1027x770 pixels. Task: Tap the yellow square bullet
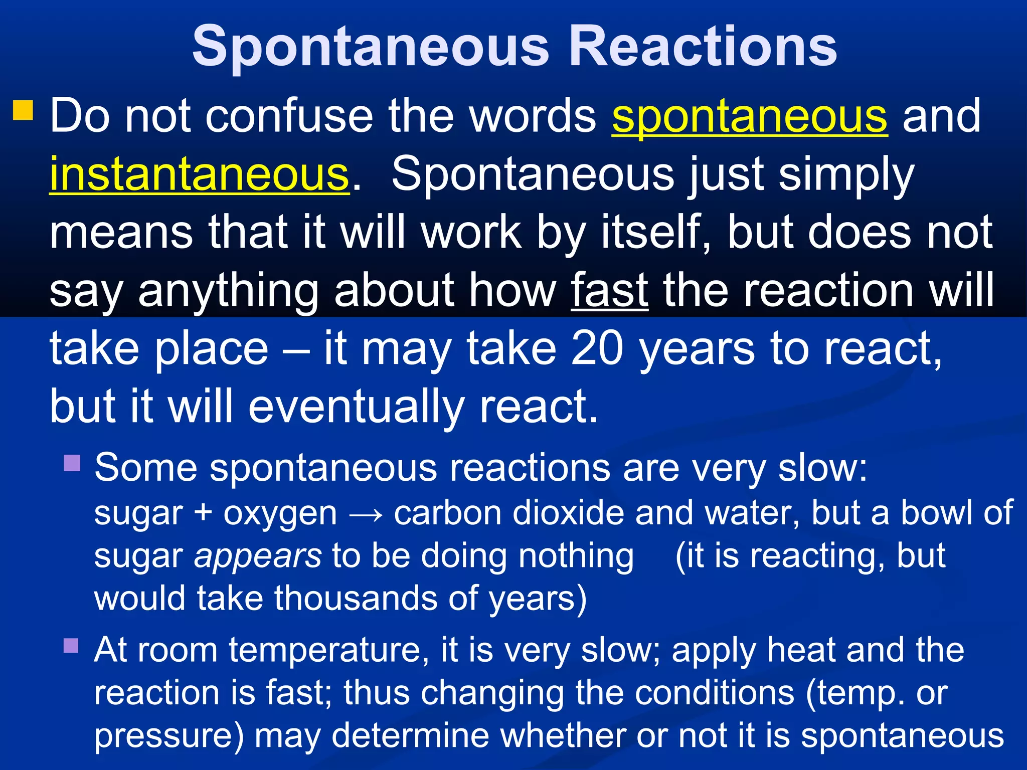click(x=23, y=110)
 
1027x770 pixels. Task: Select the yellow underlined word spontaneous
click(x=750, y=116)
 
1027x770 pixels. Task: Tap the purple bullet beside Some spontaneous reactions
click(x=72, y=463)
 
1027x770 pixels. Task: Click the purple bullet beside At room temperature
click(x=72, y=646)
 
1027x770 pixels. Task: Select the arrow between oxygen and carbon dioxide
click(x=366, y=514)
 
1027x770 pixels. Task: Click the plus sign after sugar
click(x=203, y=513)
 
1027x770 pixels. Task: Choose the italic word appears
click(x=258, y=556)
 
